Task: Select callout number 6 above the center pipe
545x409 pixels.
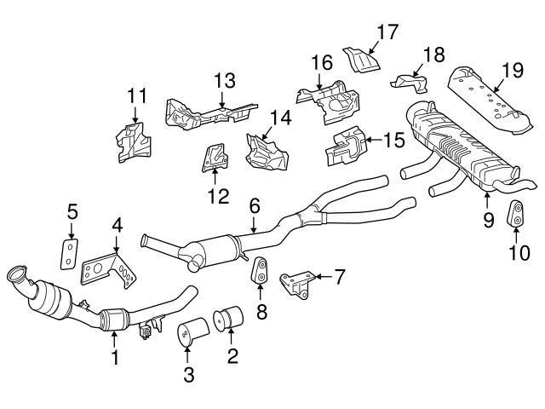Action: (x=254, y=205)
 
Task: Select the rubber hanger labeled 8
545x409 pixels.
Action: (x=259, y=271)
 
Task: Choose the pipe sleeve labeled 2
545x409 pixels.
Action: (x=232, y=324)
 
